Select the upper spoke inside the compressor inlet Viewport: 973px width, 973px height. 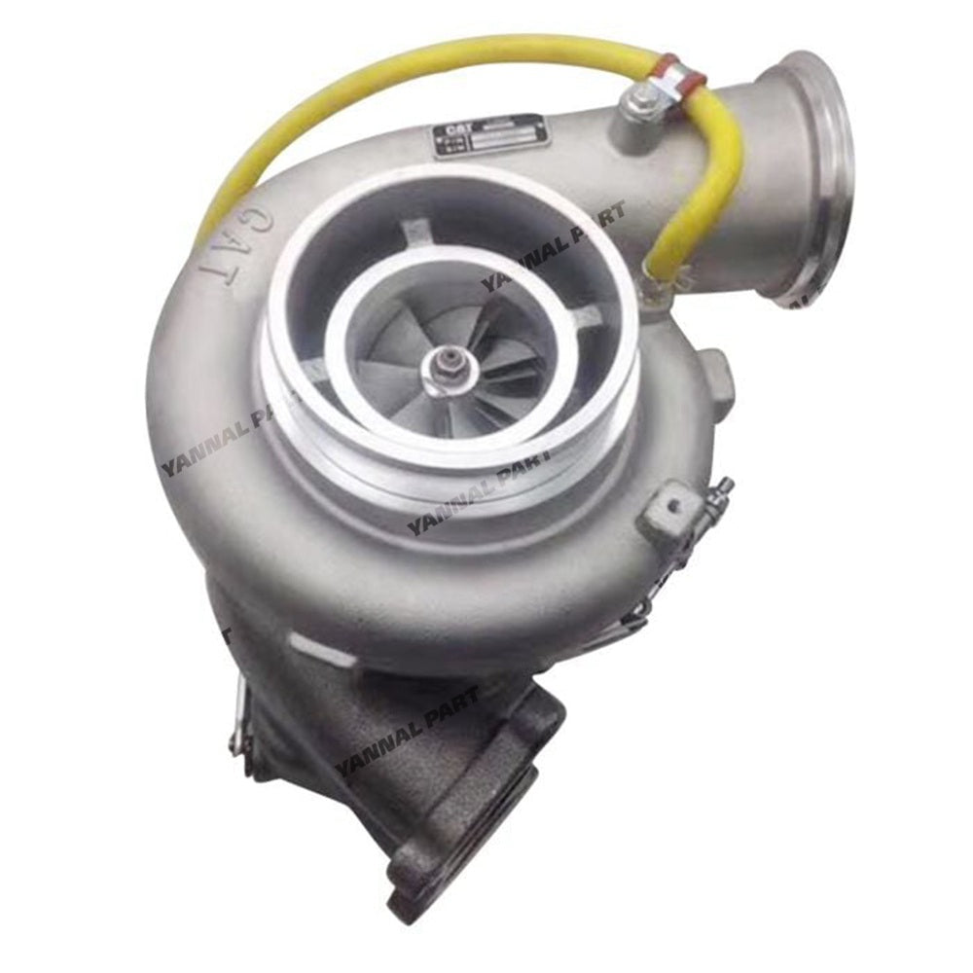pyautogui.click(x=416, y=234)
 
